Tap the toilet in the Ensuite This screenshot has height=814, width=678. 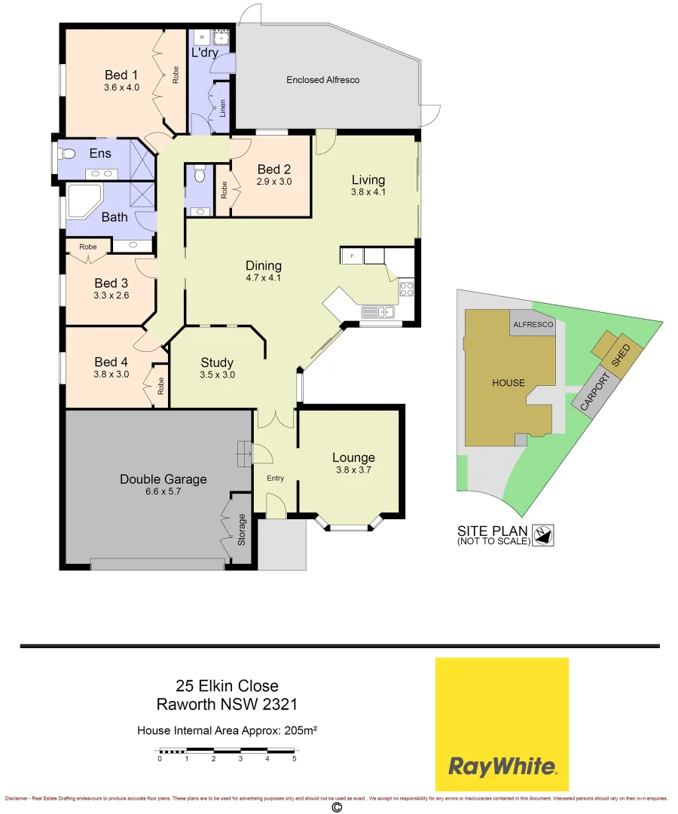pyautogui.click(x=67, y=154)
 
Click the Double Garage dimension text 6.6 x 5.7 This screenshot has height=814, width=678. pyautogui.click(x=163, y=492)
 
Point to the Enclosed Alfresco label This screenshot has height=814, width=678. pyautogui.click(x=322, y=79)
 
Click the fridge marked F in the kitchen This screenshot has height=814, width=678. pyautogui.click(x=352, y=256)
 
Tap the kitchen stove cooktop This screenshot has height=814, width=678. pyautogui.click(x=407, y=288)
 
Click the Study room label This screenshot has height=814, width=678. pyautogui.click(x=216, y=363)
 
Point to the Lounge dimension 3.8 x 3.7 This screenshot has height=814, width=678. pyautogui.click(x=353, y=470)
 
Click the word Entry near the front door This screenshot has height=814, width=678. pyautogui.click(x=276, y=478)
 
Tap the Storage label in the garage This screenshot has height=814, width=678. pyautogui.click(x=242, y=528)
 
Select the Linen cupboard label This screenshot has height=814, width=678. pyautogui.click(x=223, y=107)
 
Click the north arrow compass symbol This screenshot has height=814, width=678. pyautogui.click(x=542, y=534)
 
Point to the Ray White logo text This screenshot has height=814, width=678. pyautogui.click(x=502, y=767)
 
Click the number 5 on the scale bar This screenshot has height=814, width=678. pyautogui.click(x=294, y=759)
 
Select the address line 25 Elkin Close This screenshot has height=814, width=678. pyautogui.click(x=227, y=686)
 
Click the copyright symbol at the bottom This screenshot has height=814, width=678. pyautogui.click(x=336, y=806)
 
